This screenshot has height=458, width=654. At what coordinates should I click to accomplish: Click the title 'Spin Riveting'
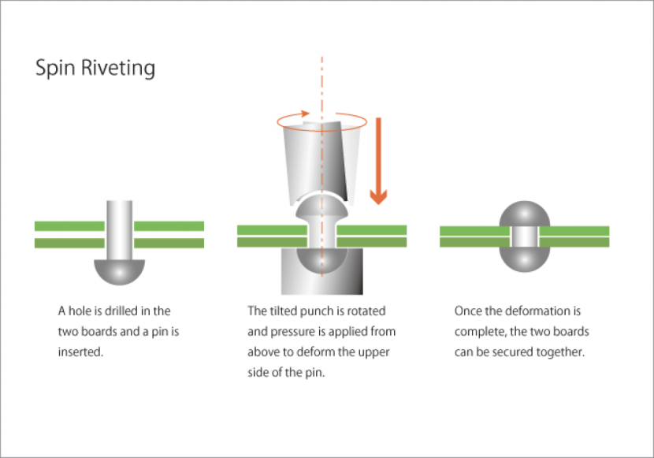coord(95,68)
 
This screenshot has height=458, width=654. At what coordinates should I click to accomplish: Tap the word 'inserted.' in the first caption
coord(80,352)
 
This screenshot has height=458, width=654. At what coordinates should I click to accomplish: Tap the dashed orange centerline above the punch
coord(321,79)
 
